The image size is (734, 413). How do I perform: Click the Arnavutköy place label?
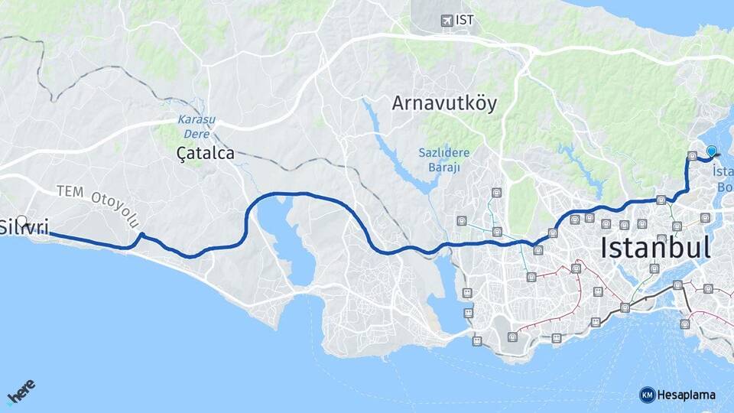pos(444,103)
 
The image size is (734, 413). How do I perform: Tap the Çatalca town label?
pos(205,154)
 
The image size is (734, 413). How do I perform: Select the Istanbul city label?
pos(655,247)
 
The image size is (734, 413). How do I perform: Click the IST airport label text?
pos(464,21)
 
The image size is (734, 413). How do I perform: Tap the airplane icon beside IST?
pos(447,21)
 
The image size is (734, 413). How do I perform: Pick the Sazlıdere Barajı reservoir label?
pos(443,160)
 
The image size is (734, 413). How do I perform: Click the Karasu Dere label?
pos(196,125)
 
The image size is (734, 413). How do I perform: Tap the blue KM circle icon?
pos(647,395)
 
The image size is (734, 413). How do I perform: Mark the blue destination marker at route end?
pos(712,151)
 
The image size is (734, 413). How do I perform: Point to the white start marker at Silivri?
pos(22,221)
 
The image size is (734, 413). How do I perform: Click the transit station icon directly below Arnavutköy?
pos(497,193)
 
